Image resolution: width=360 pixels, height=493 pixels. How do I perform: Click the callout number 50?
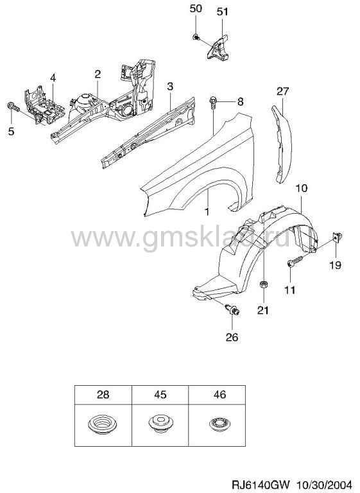pos(196,8)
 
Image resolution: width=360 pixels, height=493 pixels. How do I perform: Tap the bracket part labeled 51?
pos(218,48)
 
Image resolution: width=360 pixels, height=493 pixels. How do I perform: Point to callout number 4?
pos(53,78)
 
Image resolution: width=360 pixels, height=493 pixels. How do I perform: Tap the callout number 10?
pos(301,188)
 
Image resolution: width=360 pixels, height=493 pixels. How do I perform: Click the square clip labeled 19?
pos(337,237)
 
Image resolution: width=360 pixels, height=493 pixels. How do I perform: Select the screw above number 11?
pos(295,261)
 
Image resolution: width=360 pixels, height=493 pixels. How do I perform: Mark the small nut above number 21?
pos(264,284)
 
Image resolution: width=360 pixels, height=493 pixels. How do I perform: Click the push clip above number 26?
pos(233,309)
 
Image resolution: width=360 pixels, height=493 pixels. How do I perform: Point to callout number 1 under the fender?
pos(207,212)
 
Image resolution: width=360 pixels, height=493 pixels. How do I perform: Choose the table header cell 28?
pos(103,395)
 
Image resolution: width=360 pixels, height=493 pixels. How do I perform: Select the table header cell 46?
pos(217,395)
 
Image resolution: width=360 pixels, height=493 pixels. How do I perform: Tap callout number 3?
pos(170,86)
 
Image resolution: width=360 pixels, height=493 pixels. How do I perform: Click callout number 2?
pos(98,74)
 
